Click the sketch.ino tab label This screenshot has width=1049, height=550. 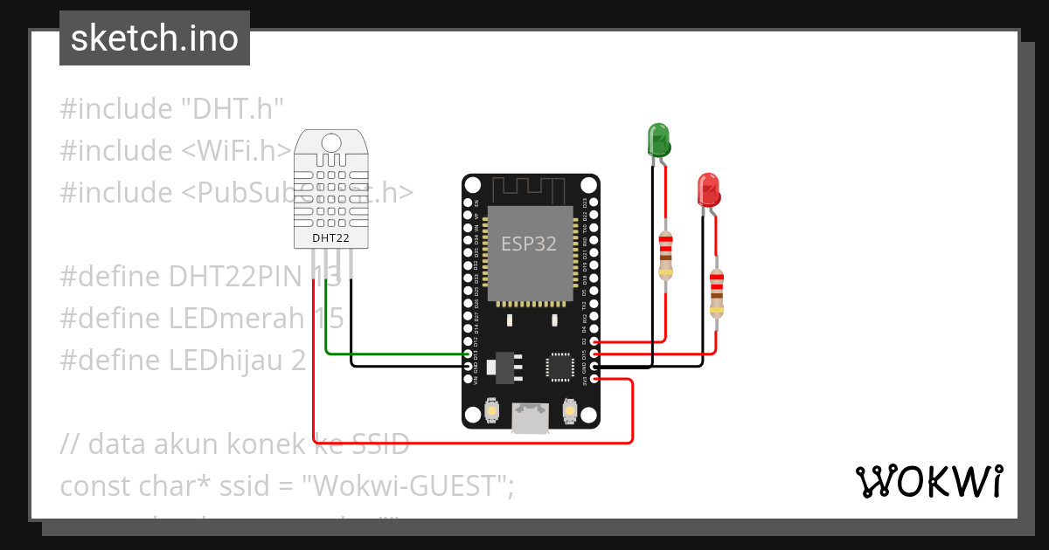click(x=154, y=39)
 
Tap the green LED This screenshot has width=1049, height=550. click(x=657, y=141)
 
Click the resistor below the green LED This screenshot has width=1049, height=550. click(x=666, y=256)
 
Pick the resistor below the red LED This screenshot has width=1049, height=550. click(x=717, y=292)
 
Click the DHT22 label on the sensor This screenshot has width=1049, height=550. click(x=330, y=237)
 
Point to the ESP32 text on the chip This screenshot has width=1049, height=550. click(x=528, y=244)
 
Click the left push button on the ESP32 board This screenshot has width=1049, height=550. click(x=492, y=409)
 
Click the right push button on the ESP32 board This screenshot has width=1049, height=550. click(x=569, y=409)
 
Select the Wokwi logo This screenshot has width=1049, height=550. click(x=928, y=481)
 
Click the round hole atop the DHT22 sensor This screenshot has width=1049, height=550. click(x=330, y=141)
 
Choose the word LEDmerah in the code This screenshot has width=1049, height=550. click(x=235, y=319)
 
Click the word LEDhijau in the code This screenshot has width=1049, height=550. click(x=228, y=360)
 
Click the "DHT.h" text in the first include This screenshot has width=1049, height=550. click(x=233, y=109)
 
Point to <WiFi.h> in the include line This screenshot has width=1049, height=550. click(x=236, y=151)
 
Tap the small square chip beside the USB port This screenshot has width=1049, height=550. click(x=559, y=367)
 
